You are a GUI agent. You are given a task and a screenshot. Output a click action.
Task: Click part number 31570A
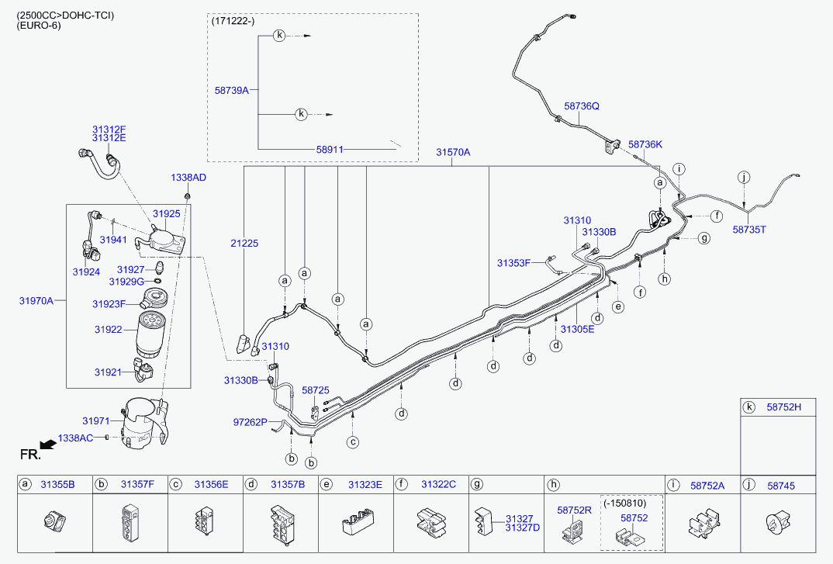pyautogui.click(x=453, y=153)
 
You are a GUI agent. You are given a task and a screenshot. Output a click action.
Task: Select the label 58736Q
pyautogui.click(x=582, y=106)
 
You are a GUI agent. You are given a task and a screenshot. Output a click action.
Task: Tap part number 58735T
pyautogui.click(x=749, y=230)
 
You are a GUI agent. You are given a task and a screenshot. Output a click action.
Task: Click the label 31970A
pyautogui.click(x=36, y=300)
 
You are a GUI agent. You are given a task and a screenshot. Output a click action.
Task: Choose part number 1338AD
pyautogui.click(x=188, y=178)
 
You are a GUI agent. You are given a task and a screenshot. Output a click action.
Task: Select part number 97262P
pyautogui.click(x=251, y=422)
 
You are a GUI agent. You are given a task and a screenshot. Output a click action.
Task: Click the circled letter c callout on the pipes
pyautogui.click(x=353, y=442)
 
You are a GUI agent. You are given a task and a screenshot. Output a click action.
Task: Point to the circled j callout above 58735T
pyautogui.click(x=744, y=177)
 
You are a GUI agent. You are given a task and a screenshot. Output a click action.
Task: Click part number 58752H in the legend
pyautogui.click(x=784, y=407)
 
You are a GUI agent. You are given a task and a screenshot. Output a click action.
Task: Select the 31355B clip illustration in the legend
pyautogui.click(x=54, y=521)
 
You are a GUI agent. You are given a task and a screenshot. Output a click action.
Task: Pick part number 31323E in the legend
pyautogui.click(x=365, y=484)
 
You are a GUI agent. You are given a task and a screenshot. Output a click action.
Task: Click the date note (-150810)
pyautogui.click(x=631, y=503)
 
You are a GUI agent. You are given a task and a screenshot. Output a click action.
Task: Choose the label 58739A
pyautogui.click(x=231, y=91)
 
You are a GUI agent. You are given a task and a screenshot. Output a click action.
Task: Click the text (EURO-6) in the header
pyautogui.click(x=39, y=26)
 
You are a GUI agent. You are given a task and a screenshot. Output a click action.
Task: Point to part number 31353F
pyautogui.click(x=513, y=263)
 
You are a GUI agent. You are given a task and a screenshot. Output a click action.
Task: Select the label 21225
pyautogui.click(x=244, y=244)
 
